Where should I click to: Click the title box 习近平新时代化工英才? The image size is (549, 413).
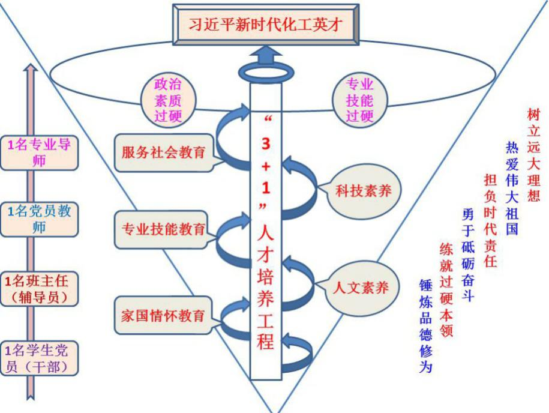(x=267, y=25)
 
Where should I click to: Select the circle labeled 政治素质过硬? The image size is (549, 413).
(x=168, y=100)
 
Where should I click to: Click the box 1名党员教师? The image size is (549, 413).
(x=40, y=219)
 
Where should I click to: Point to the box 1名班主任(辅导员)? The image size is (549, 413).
(x=40, y=288)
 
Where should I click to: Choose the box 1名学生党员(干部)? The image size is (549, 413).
(x=40, y=358)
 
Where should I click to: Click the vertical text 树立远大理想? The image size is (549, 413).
(x=533, y=154)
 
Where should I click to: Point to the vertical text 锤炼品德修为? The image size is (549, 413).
(x=425, y=325)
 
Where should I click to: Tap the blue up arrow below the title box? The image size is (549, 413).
(x=266, y=60)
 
